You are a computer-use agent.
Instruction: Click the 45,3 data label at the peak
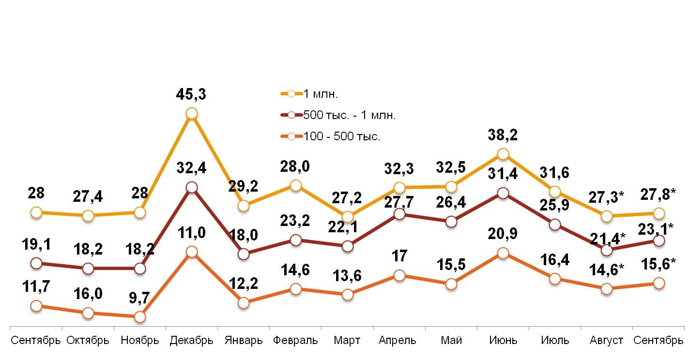click(x=191, y=94)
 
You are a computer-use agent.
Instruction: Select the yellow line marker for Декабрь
click(x=191, y=113)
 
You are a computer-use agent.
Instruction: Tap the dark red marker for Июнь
click(x=503, y=193)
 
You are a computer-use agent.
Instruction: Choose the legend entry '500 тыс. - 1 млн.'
click(x=350, y=115)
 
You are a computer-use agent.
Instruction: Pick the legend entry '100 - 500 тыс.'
click(x=342, y=136)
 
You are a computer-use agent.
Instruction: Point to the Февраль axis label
click(x=295, y=340)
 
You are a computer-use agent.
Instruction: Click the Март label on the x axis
click(x=347, y=340)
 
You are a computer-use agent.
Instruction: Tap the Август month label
click(x=606, y=340)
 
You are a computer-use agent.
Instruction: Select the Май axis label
click(x=451, y=340)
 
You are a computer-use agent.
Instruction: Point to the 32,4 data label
click(x=191, y=168)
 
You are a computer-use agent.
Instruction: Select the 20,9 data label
click(x=503, y=234)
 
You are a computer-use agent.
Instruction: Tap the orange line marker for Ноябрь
click(x=139, y=317)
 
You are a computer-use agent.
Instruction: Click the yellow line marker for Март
click(x=347, y=217)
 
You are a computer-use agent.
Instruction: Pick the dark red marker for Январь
click(x=244, y=254)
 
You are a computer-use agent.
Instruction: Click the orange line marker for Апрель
click(x=399, y=275)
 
